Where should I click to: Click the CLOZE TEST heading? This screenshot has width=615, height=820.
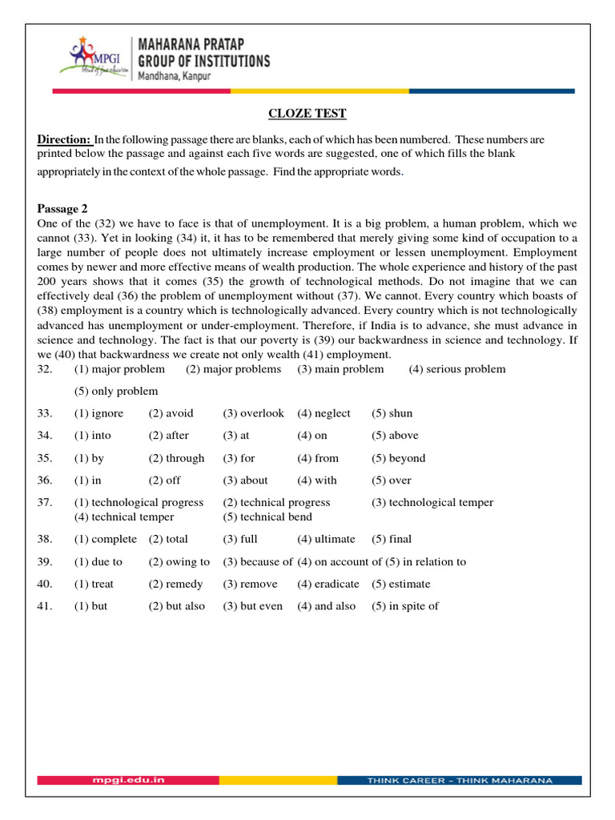pyautogui.click(x=307, y=114)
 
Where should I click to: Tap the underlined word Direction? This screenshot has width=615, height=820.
pyautogui.click(x=65, y=140)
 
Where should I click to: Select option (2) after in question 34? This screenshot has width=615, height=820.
pyautogui.click(x=168, y=436)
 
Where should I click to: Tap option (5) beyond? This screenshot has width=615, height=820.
pyautogui.click(x=398, y=458)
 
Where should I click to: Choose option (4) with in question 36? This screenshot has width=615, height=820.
pyautogui.click(x=317, y=480)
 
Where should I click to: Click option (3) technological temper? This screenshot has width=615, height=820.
pyautogui.click(x=432, y=502)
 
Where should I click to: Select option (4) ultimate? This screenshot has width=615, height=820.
pyautogui.click(x=326, y=539)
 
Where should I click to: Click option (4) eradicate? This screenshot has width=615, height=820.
pyautogui.click(x=328, y=584)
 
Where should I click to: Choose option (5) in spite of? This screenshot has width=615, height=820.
pyautogui.click(x=404, y=606)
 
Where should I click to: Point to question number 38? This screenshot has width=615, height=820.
pyautogui.click(x=45, y=539)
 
